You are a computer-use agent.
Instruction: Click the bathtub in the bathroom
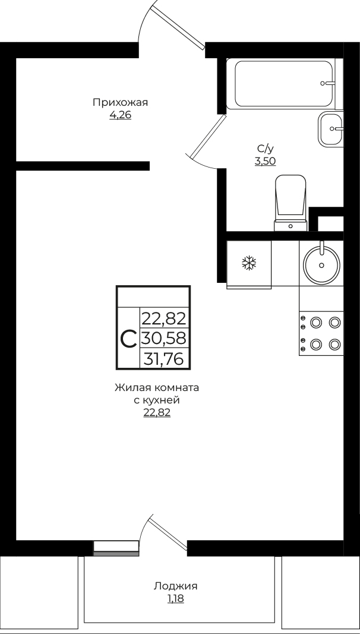click(x=284, y=84)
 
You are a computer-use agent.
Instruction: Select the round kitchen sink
click(x=321, y=265)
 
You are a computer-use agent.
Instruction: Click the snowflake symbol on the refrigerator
click(x=249, y=264)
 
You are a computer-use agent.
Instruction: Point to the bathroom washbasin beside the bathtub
click(x=330, y=129)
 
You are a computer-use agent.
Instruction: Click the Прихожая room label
click(x=121, y=102)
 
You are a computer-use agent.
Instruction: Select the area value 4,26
click(x=121, y=115)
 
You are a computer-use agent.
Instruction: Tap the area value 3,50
click(x=265, y=162)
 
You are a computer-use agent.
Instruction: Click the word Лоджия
click(x=175, y=586)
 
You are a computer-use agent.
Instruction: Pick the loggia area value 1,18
click(x=175, y=598)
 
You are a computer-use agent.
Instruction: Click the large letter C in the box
click(x=129, y=339)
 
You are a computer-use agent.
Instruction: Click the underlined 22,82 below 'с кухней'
click(x=157, y=413)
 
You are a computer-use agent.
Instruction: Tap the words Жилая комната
click(x=157, y=388)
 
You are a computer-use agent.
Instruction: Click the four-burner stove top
click(x=321, y=333)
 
